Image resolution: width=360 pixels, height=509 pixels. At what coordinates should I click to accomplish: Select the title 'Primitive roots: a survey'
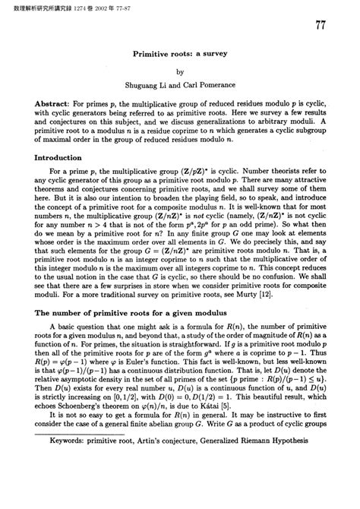click(x=179, y=55)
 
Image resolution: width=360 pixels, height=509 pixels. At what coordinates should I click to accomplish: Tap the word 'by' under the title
click(x=180, y=71)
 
